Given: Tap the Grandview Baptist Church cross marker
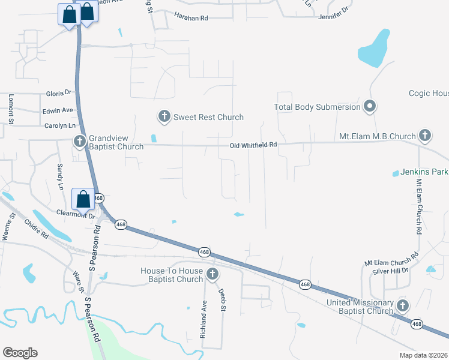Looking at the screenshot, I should [x=79, y=142].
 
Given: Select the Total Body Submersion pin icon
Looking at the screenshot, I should [x=370, y=107].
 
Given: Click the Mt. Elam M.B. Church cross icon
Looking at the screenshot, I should [x=425, y=135].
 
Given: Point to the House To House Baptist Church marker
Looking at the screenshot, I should [x=211, y=275].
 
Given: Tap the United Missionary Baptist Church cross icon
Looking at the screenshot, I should [x=402, y=307].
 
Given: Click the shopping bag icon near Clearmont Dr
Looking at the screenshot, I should [x=83, y=199].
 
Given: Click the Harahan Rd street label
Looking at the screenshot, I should [x=190, y=18].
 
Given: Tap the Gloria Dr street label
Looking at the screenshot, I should [x=59, y=94].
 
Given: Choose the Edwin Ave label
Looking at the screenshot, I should [x=58, y=110].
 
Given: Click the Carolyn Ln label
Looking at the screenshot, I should [x=60, y=125].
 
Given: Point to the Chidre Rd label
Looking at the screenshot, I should [x=36, y=228].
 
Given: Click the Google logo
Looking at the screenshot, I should [x=20, y=353].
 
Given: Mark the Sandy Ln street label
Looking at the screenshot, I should [x=60, y=176].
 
